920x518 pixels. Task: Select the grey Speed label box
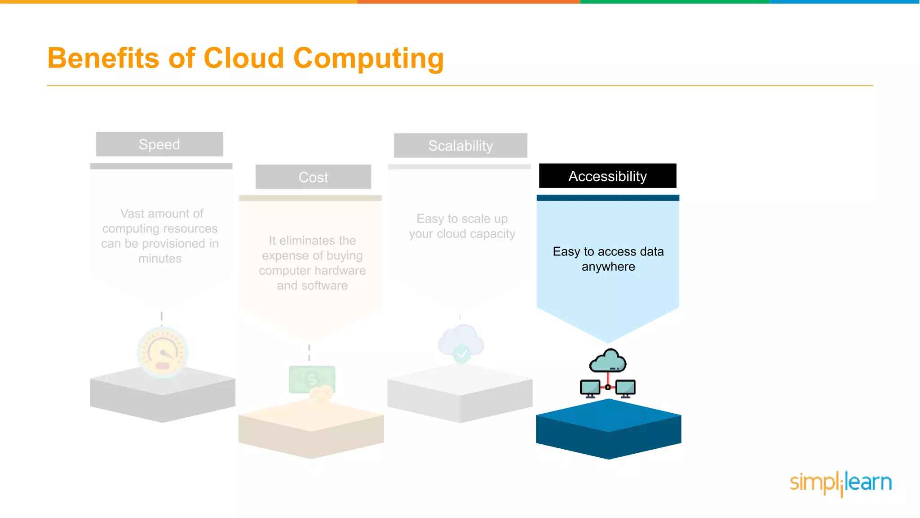coord(159,144)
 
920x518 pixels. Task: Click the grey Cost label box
coord(313,177)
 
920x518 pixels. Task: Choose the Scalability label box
coord(460,146)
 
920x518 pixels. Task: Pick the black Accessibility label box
coord(607,176)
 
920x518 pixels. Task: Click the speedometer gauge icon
coord(162,352)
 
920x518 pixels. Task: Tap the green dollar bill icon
coord(312,379)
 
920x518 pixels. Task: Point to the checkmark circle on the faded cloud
coord(461,354)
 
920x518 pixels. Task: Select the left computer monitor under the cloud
coord(590,388)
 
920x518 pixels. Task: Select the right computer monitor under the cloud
coord(625,388)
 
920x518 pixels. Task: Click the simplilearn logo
coord(840,483)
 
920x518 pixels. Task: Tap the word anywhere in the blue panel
coord(608,267)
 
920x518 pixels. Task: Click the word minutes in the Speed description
coord(160,259)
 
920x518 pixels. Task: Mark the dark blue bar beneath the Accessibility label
coord(608,198)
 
